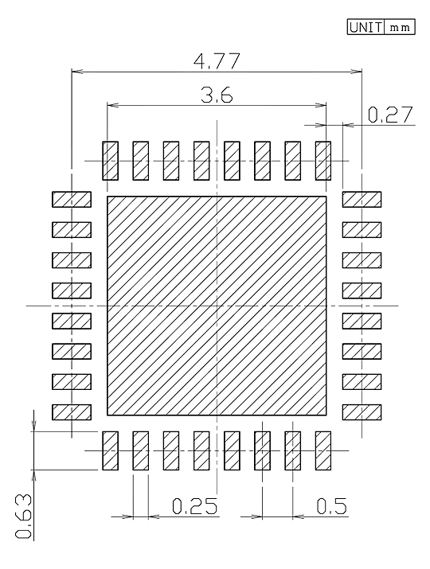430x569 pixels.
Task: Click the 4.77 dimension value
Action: point(217,61)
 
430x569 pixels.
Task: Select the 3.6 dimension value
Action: point(217,95)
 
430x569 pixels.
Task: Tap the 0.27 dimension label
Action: point(390,115)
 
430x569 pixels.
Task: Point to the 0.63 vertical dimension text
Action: point(24,516)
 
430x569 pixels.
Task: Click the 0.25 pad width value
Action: point(195,506)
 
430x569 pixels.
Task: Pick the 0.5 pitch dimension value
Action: point(331,506)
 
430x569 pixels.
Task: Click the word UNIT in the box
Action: point(365,27)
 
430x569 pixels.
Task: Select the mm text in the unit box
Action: point(400,28)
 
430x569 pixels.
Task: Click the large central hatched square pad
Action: point(217,306)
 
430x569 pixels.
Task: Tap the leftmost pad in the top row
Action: point(111,161)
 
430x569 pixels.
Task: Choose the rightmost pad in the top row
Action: point(323,161)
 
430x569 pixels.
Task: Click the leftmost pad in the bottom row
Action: point(111,450)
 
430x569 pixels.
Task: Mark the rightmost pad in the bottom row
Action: point(323,450)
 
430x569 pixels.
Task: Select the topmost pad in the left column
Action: point(72,200)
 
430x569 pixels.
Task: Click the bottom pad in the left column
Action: point(72,412)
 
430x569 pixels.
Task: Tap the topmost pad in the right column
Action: point(362,200)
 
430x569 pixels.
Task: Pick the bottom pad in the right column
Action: point(362,412)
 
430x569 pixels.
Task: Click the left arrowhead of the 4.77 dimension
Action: point(77,72)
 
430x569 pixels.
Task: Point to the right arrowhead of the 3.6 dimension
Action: point(321,106)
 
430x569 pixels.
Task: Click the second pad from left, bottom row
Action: point(141,450)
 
